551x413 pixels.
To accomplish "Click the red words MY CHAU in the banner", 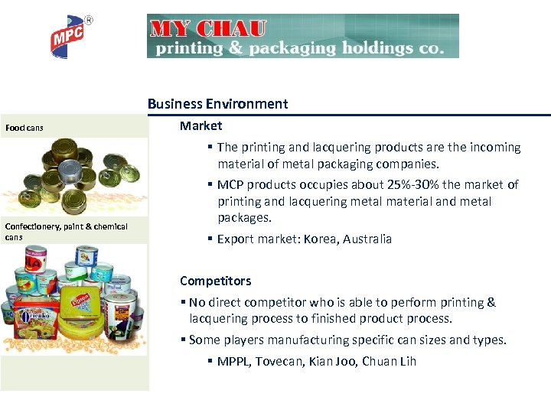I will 209,29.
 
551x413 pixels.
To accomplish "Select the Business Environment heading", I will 217,104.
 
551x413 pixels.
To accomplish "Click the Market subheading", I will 201,125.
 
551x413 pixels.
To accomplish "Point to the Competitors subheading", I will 215,281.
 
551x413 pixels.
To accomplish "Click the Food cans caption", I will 24,128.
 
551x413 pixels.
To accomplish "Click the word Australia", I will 367,239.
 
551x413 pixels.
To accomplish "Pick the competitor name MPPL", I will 233,361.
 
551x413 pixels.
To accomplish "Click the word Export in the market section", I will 236,239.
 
